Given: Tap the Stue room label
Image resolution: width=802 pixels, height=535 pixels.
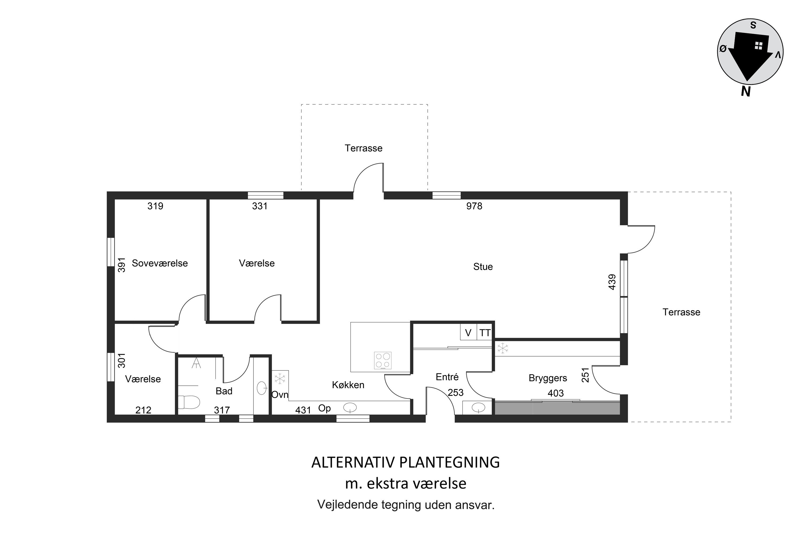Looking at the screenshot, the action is [483, 266].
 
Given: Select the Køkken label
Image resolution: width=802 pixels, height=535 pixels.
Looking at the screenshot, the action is [348, 385].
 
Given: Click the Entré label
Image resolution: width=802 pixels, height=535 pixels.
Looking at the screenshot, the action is [447, 377].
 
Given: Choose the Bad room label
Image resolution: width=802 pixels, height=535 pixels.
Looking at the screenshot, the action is [224, 391].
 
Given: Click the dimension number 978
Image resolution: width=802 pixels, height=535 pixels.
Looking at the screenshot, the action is [474, 206].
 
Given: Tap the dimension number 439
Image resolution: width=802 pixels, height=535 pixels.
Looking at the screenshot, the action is [612, 282].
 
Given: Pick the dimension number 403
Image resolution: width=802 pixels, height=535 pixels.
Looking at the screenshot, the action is [556, 393].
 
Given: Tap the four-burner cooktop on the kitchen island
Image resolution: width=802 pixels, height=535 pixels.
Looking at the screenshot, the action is [383, 361].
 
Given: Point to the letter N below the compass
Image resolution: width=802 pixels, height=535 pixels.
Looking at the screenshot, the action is [746, 91].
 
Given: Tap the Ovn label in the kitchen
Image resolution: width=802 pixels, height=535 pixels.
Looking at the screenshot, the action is [280, 395].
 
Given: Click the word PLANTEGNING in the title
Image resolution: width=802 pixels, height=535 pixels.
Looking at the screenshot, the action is [449, 462].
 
